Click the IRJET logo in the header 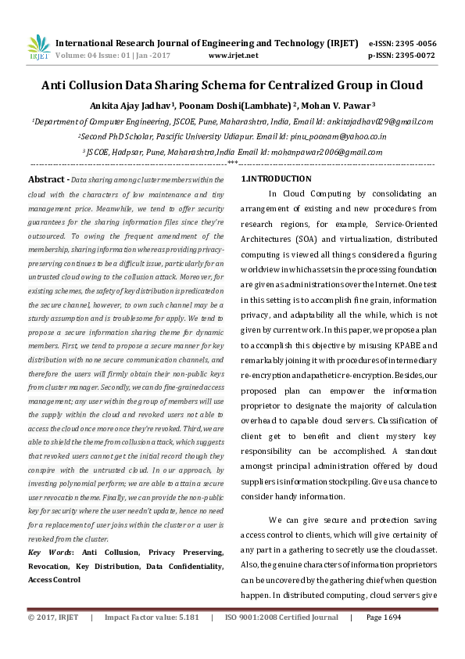pos(38,48)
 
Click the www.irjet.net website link pos(234,56)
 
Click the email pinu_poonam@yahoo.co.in pos(345,136)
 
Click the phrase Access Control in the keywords pos(54,580)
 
